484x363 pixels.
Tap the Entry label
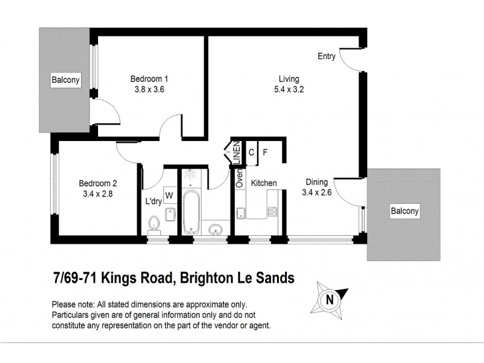(327, 56)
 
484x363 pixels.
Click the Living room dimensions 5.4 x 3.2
(289, 89)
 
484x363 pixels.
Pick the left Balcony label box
(65, 80)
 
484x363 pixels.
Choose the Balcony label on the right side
(405, 211)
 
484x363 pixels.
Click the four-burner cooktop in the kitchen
(272, 212)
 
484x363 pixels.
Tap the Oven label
(240, 178)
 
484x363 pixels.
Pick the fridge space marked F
(265, 152)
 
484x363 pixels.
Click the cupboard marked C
(251, 152)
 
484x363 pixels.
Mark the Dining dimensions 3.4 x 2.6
(316, 193)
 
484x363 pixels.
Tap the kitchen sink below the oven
(241, 212)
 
